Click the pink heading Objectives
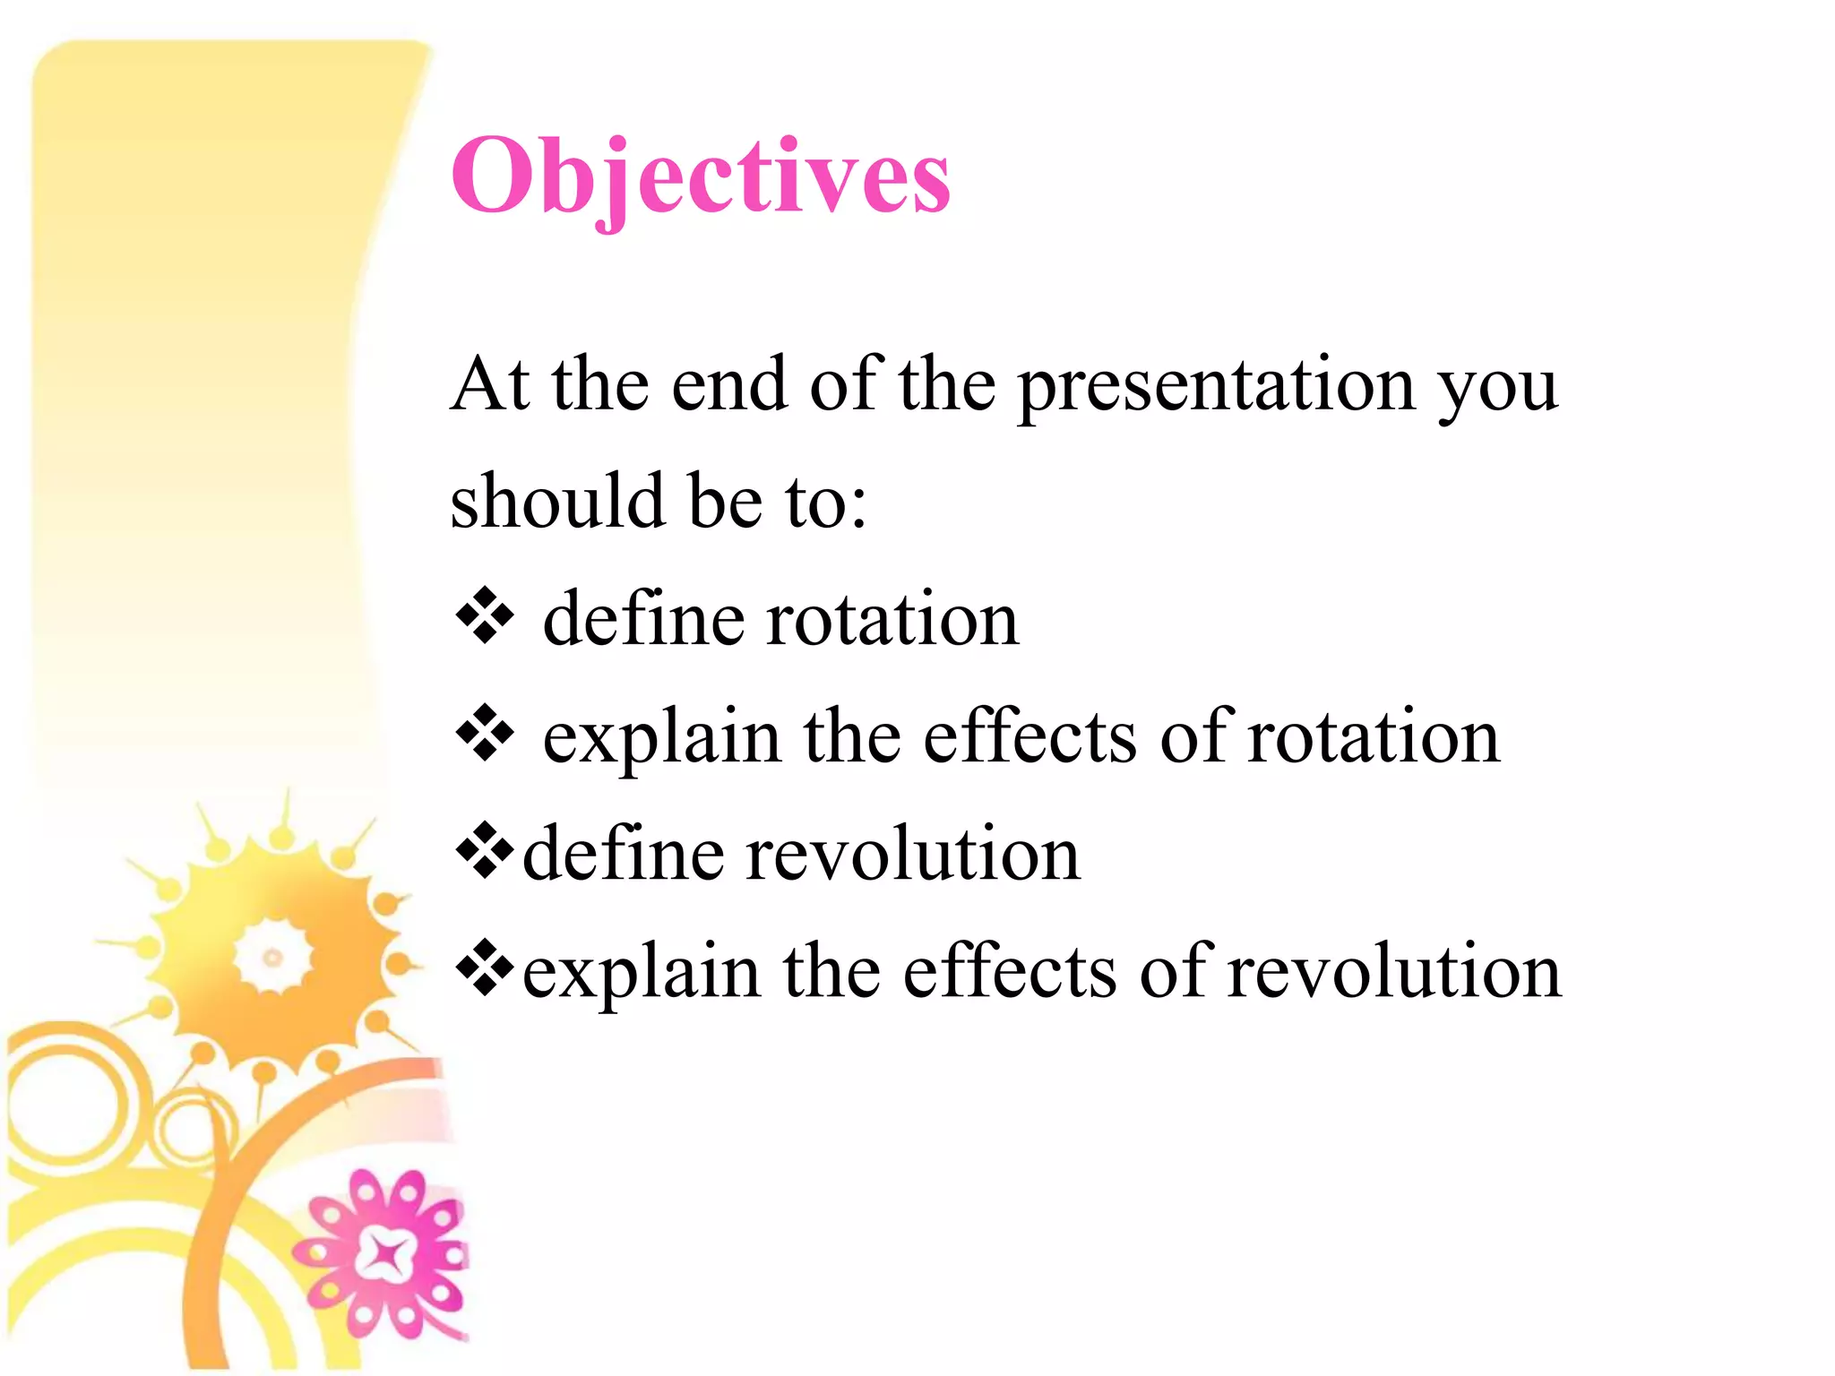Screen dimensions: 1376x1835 click(x=700, y=176)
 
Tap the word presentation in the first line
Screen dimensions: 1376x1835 click(x=1216, y=385)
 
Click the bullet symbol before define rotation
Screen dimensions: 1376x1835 click(x=485, y=615)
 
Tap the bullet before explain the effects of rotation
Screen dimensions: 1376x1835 click(x=485, y=733)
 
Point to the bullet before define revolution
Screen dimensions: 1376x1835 click(x=485, y=849)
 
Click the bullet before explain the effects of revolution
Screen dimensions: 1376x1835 click(x=485, y=967)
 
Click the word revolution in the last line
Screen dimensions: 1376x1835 click(x=1393, y=972)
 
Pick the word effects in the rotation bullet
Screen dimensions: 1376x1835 click(x=1029, y=737)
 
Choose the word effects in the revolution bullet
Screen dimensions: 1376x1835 click(x=1010, y=972)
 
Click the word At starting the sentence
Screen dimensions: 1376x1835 click(x=489, y=385)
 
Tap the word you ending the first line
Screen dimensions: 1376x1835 click(x=1497, y=390)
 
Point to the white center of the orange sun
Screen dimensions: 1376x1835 click(x=272, y=958)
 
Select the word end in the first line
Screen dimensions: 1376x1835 click(x=728, y=385)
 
